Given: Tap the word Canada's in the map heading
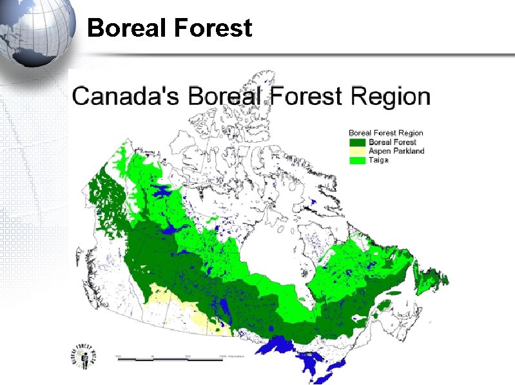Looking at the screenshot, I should pyautogui.click(x=126, y=97).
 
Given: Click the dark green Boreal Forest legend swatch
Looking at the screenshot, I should pyautogui.click(x=357, y=142).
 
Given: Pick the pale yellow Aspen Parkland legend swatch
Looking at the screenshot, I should pyautogui.click(x=357, y=151).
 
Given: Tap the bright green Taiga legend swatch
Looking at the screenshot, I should pyautogui.click(x=357, y=159).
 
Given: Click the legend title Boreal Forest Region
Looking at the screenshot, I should pyautogui.click(x=386, y=133).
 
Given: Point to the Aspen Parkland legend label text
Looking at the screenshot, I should pyautogui.click(x=396, y=151).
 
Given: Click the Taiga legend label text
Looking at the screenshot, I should pyautogui.click(x=378, y=159).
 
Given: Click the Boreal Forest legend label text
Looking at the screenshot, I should pyautogui.click(x=392, y=142).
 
